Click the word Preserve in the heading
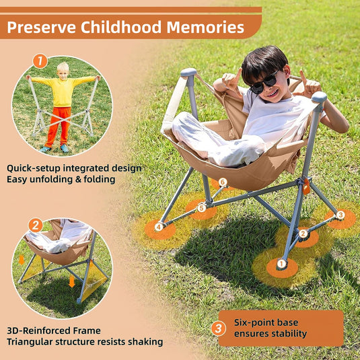tap(41, 28)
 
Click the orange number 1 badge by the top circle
tap(40, 61)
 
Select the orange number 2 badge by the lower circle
tap(35, 225)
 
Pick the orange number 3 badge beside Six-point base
tap(219, 328)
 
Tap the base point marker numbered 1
tap(281, 263)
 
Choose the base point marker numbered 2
tap(303, 233)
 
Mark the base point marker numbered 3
tap(340, 215)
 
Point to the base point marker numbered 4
tap(159, 227)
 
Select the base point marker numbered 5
tap(201, 207)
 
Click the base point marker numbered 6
tap(222, 182)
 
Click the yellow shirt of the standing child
tap(63, 92)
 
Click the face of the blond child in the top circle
tap(63, 70)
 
